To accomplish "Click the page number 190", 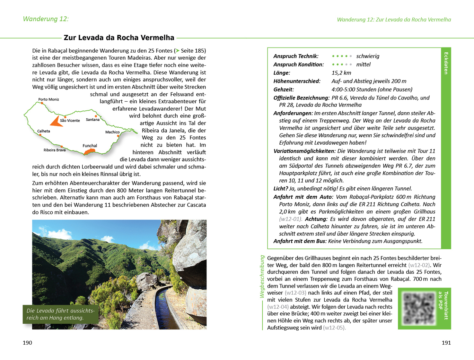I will pos(27,343).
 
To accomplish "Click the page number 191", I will pos(446,343).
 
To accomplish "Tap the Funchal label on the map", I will pos(90,146).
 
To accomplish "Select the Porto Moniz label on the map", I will pos(48,99).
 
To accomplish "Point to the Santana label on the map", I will pos(92,120).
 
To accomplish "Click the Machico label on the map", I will pos(112,132).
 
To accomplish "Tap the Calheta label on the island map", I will pos(43,131).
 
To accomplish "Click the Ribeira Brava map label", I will pos(55,150).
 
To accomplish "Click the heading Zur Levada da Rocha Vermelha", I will pos(119,38).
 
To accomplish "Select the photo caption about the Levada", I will pos(60,314).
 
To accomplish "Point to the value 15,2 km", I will pos(341,73).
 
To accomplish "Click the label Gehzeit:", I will pos(284,90).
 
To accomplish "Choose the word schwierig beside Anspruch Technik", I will pos(368,56).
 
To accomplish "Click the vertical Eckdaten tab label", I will pos(446,63).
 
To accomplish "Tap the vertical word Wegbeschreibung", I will pos(262,276).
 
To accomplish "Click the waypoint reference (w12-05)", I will pos(334,328).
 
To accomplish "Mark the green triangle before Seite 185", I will pos(177,51).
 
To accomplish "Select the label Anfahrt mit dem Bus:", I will pos(300,241).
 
